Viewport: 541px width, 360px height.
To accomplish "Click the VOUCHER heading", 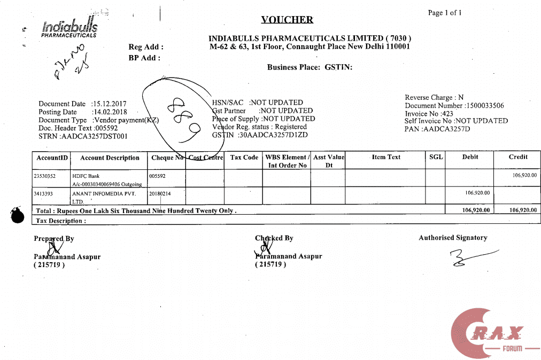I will pyautogui.click(x=287, y=20).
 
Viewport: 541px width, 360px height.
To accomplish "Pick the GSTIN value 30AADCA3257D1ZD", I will pyautogui.click(x=260, y=135).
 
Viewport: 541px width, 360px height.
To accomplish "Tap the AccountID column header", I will pyautogui.click(x=52, y=158).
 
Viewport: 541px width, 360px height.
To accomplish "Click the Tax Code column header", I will pyautogui.click(x=244, y=158).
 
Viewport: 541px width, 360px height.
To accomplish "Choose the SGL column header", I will pyautogui.click(x=436, y=157).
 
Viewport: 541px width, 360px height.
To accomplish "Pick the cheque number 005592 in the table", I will pyautogui.click(x=157, y=175).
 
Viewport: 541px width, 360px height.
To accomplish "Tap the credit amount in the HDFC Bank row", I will pyautogui.click(x=524, y=175).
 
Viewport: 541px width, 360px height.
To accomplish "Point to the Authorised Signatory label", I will pyautogui.click(x=453, y=238).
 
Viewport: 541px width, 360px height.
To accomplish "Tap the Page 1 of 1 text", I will pyautogui.click(x=445, y=13).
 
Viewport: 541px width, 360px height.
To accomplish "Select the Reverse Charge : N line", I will pyautogui.click(x=434, y=98).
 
